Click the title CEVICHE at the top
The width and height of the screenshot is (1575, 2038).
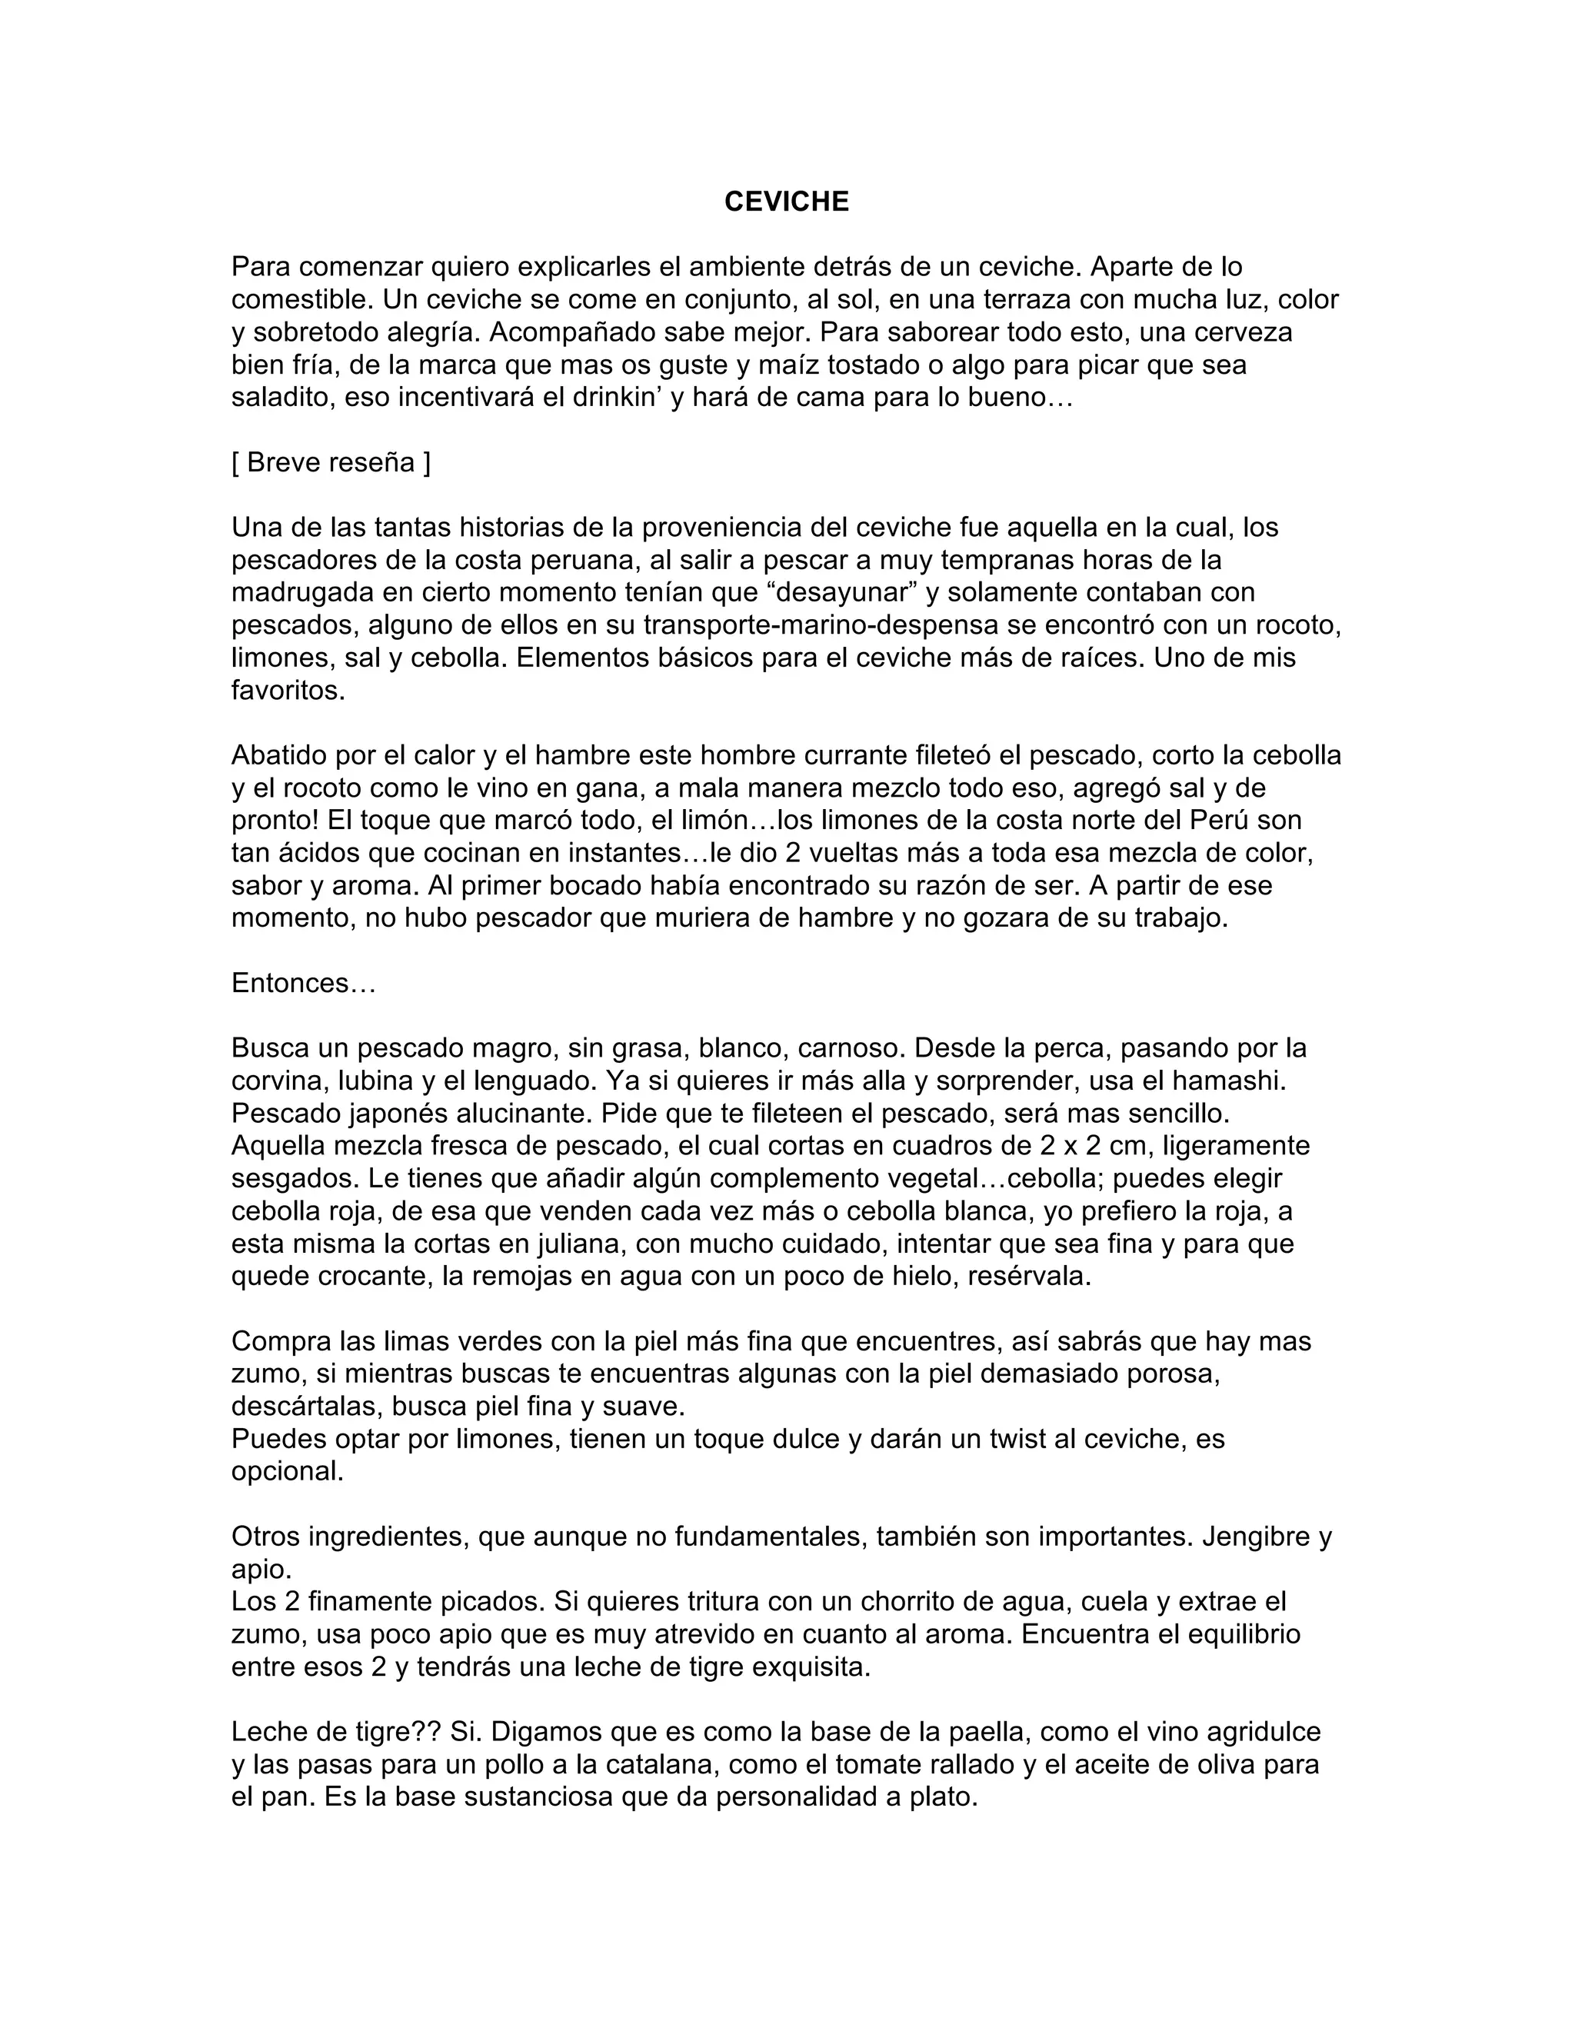[787, 201]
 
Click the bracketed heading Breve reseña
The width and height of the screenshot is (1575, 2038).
[331, 463]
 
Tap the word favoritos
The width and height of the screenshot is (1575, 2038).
[288, 691]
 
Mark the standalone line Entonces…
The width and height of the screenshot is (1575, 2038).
[303, 984]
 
